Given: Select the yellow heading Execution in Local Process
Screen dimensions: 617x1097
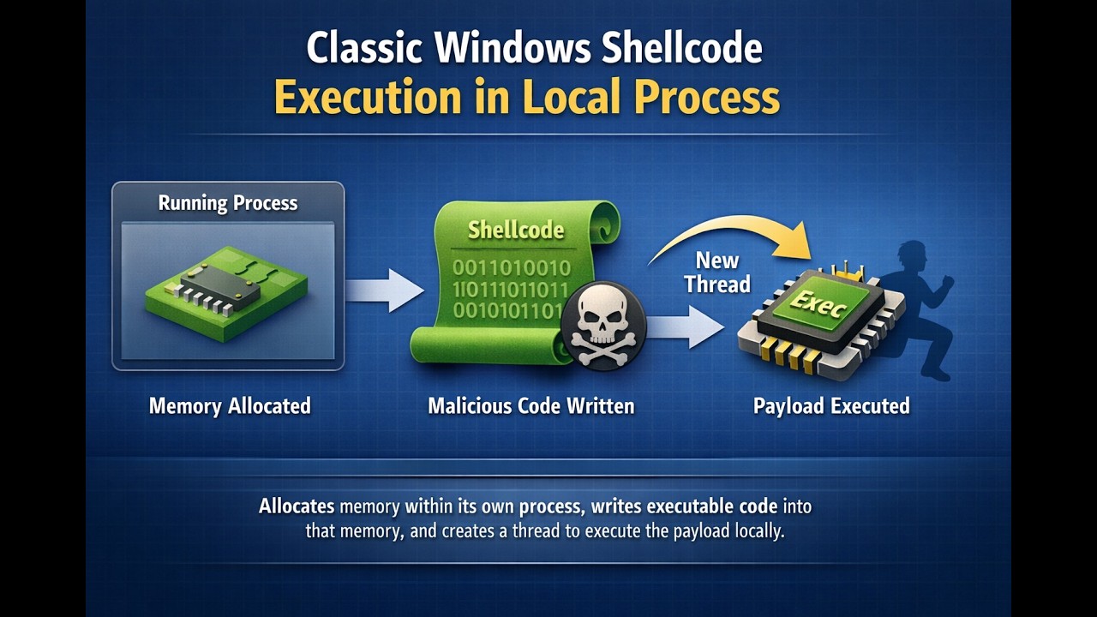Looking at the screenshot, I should point(527,98).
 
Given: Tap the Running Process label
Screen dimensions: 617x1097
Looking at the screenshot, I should point(228,203).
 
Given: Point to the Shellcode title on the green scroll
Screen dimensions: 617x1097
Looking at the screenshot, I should point(516,229).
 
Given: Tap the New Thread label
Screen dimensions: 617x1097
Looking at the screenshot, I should point(716,272).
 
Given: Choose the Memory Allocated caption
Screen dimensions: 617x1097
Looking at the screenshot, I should point(230,405).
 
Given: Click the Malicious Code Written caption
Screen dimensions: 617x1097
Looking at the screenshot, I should point(531,405).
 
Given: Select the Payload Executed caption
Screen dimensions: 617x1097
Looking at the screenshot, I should point(831,405).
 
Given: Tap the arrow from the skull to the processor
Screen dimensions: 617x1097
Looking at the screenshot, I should point(686,326).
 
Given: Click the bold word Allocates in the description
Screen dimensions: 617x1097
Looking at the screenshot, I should point(297,506).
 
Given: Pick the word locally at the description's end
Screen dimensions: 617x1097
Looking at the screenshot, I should point(759,530).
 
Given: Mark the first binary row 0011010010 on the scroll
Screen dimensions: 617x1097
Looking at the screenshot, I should point(511,268).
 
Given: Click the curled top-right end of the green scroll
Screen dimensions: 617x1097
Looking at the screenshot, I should point(603,218).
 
